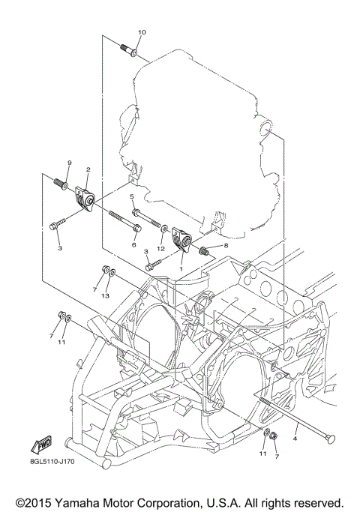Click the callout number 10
pyautogui.click(x=142, y=32)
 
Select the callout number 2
pyautogui.click(x=88, y=169)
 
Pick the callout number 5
pyautogui.click(x=131, y=196)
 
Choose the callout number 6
pyautogui.click(x=134, y=244)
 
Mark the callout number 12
pyautogui.click(x=161, y=247)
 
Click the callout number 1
pyautogui.click(x=181, y=266)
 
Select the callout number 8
pyautogui.click(x=225, y=245)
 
